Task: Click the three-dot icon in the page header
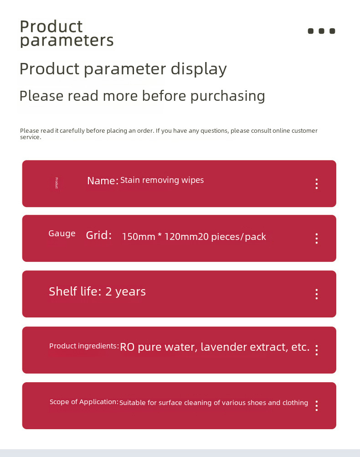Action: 321,31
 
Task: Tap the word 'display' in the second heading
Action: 199,69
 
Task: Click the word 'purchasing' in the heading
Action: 228,96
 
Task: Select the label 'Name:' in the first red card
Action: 103,181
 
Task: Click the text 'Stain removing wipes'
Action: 162,180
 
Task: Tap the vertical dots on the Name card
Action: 317,184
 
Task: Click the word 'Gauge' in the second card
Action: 62,234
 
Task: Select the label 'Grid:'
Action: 99,235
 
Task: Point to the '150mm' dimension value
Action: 139,236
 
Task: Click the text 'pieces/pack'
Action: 238,237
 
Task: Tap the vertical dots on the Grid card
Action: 317,239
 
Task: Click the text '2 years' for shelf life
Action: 125,292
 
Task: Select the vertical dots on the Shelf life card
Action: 317,294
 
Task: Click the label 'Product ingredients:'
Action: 84,346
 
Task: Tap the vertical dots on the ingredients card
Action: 317,350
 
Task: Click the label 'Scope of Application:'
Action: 84,402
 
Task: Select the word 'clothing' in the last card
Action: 295,403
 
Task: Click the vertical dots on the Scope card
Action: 317,405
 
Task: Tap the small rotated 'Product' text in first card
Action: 57,183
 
